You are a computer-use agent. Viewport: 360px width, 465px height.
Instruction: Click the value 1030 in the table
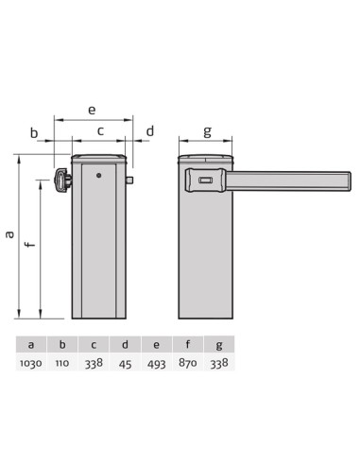point(31,363)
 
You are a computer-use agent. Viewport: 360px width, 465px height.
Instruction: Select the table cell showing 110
point(62,363)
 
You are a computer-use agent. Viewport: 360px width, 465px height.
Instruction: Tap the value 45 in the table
point(125,364)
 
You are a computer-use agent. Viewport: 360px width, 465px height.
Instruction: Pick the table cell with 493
point(157,364)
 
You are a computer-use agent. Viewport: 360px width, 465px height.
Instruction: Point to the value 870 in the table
point(188,363)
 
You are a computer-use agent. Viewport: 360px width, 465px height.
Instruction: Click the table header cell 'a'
point(31,344)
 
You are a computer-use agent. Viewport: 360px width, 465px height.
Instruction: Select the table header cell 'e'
point(157,344)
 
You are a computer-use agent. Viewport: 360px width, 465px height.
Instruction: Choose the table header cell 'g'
point(219,344)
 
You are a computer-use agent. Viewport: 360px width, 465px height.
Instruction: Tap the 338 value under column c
point(94,363)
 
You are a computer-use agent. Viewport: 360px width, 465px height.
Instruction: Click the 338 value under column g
point(219,364)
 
